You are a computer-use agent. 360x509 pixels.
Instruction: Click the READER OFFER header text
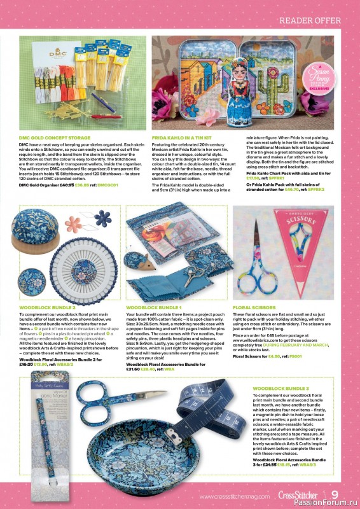(x=314, y=22)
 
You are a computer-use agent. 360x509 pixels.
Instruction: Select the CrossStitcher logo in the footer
(x=300, y=495)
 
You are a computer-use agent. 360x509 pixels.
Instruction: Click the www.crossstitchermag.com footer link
(x=235, y=496)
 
